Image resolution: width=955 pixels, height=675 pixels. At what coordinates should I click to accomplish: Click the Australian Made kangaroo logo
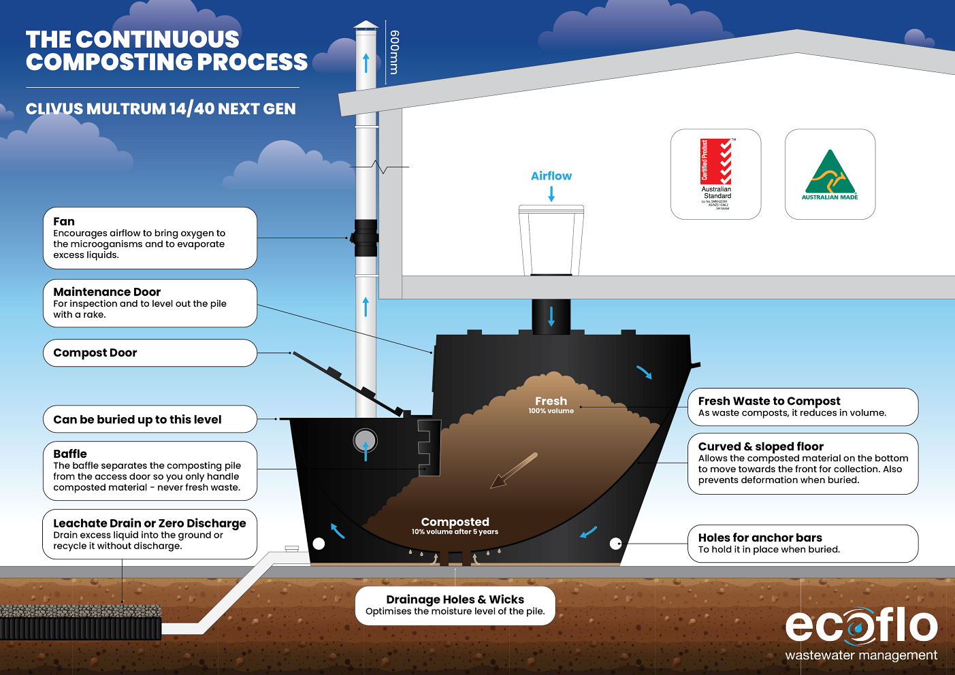(x=830, y=174)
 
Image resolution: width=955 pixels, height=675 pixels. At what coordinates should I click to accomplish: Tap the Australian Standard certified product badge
(x=716, y=174)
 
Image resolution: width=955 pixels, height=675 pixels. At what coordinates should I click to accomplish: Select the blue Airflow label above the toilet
(x=551, y=176)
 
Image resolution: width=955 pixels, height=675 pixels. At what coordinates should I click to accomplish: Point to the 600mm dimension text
(x=394, y=52)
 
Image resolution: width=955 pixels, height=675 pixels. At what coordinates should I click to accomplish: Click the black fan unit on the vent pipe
(x=366, y=237)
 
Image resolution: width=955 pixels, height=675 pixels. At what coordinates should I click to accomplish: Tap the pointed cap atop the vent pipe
(x=366, y=25)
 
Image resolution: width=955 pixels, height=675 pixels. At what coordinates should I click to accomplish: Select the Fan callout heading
(x=64, y=222)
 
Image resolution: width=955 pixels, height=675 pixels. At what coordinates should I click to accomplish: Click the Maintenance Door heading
(x=107, y=292)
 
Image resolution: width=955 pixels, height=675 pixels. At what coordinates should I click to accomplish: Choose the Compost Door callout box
(x=150, y=353)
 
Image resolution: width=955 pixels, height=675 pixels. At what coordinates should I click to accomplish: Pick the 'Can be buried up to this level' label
(x=137, y=420)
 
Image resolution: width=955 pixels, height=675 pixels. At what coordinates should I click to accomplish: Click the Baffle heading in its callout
(x=70, y=454)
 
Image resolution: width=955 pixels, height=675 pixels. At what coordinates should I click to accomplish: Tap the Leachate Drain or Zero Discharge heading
(x=150, y=523)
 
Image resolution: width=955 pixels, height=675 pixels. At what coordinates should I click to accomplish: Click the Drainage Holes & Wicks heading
(x=455, y=599)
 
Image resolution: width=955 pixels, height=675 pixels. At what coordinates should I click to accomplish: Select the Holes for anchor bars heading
(x=760, y=538)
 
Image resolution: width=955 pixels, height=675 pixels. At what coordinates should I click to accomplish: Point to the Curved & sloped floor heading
(x=760, y=446)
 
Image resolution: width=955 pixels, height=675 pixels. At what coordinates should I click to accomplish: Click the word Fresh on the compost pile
(x=551, y=401)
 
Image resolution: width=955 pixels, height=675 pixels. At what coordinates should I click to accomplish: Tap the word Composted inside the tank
(x=455, y=522)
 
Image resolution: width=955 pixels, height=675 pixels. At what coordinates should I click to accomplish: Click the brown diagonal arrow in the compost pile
(x=513, y=470)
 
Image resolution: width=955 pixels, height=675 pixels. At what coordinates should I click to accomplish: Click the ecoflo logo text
(x=861, y=626)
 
